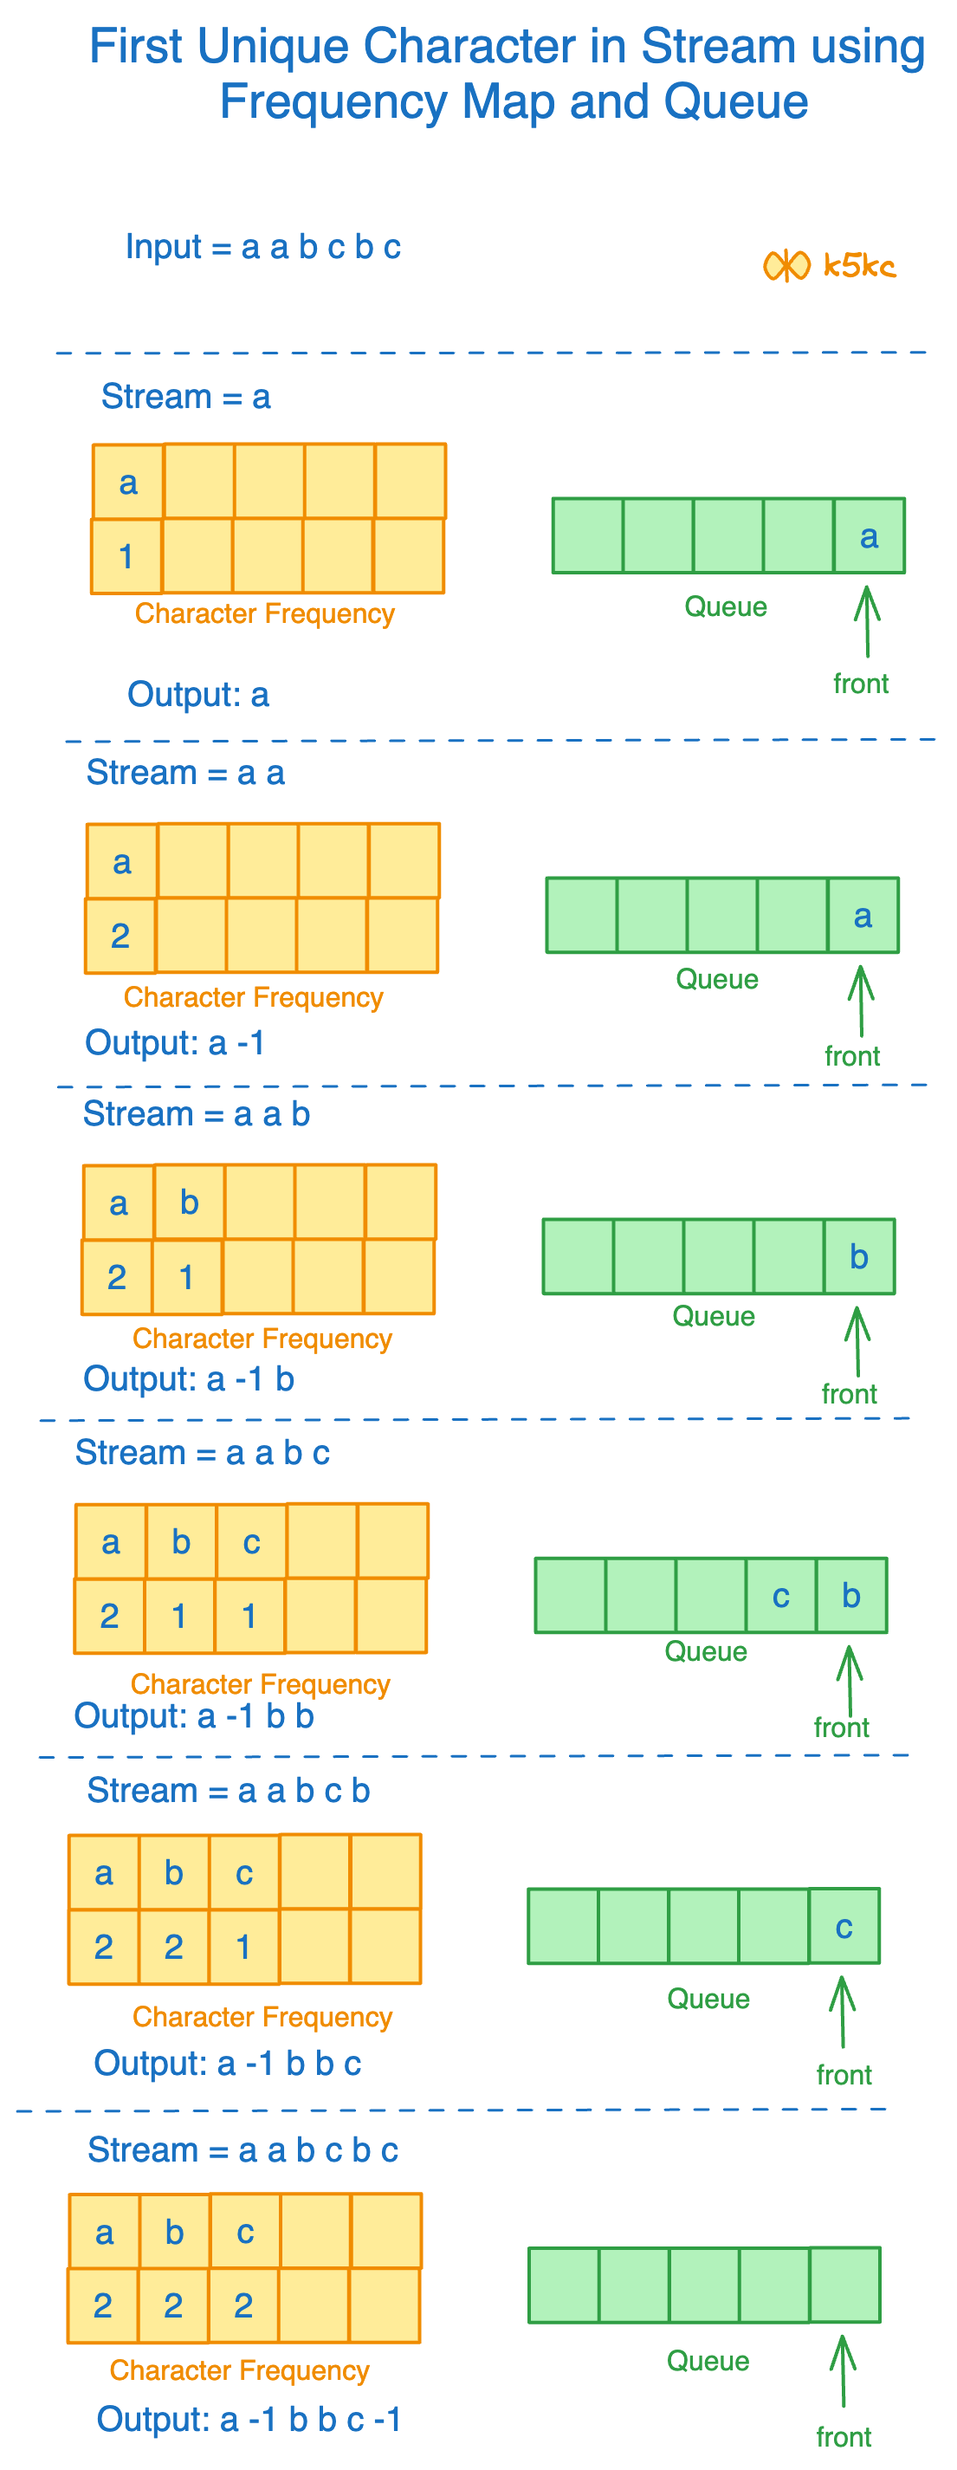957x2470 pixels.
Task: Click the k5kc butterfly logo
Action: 786,266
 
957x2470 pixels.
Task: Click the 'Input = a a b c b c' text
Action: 262,248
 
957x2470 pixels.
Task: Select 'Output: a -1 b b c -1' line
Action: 249,2419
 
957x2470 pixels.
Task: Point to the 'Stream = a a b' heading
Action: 196,1114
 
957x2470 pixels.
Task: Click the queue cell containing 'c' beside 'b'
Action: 780,1596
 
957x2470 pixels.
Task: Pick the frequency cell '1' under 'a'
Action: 126,556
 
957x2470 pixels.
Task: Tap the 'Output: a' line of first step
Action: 198,694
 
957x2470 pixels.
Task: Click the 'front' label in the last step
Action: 843,2436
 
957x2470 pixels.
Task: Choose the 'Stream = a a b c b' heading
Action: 229,1790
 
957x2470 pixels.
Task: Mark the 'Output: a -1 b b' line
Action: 194,1715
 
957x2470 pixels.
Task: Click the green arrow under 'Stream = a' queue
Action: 867,621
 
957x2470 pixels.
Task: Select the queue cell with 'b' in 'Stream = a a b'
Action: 858,1257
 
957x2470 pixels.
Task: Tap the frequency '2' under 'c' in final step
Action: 243,2305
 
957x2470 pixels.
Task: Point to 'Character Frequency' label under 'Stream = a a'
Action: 253,997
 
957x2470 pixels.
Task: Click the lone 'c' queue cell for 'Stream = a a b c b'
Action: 844,1926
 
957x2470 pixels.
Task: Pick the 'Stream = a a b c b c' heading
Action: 242,2149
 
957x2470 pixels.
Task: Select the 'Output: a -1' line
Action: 175,1042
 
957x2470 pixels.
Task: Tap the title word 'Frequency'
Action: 333,101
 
